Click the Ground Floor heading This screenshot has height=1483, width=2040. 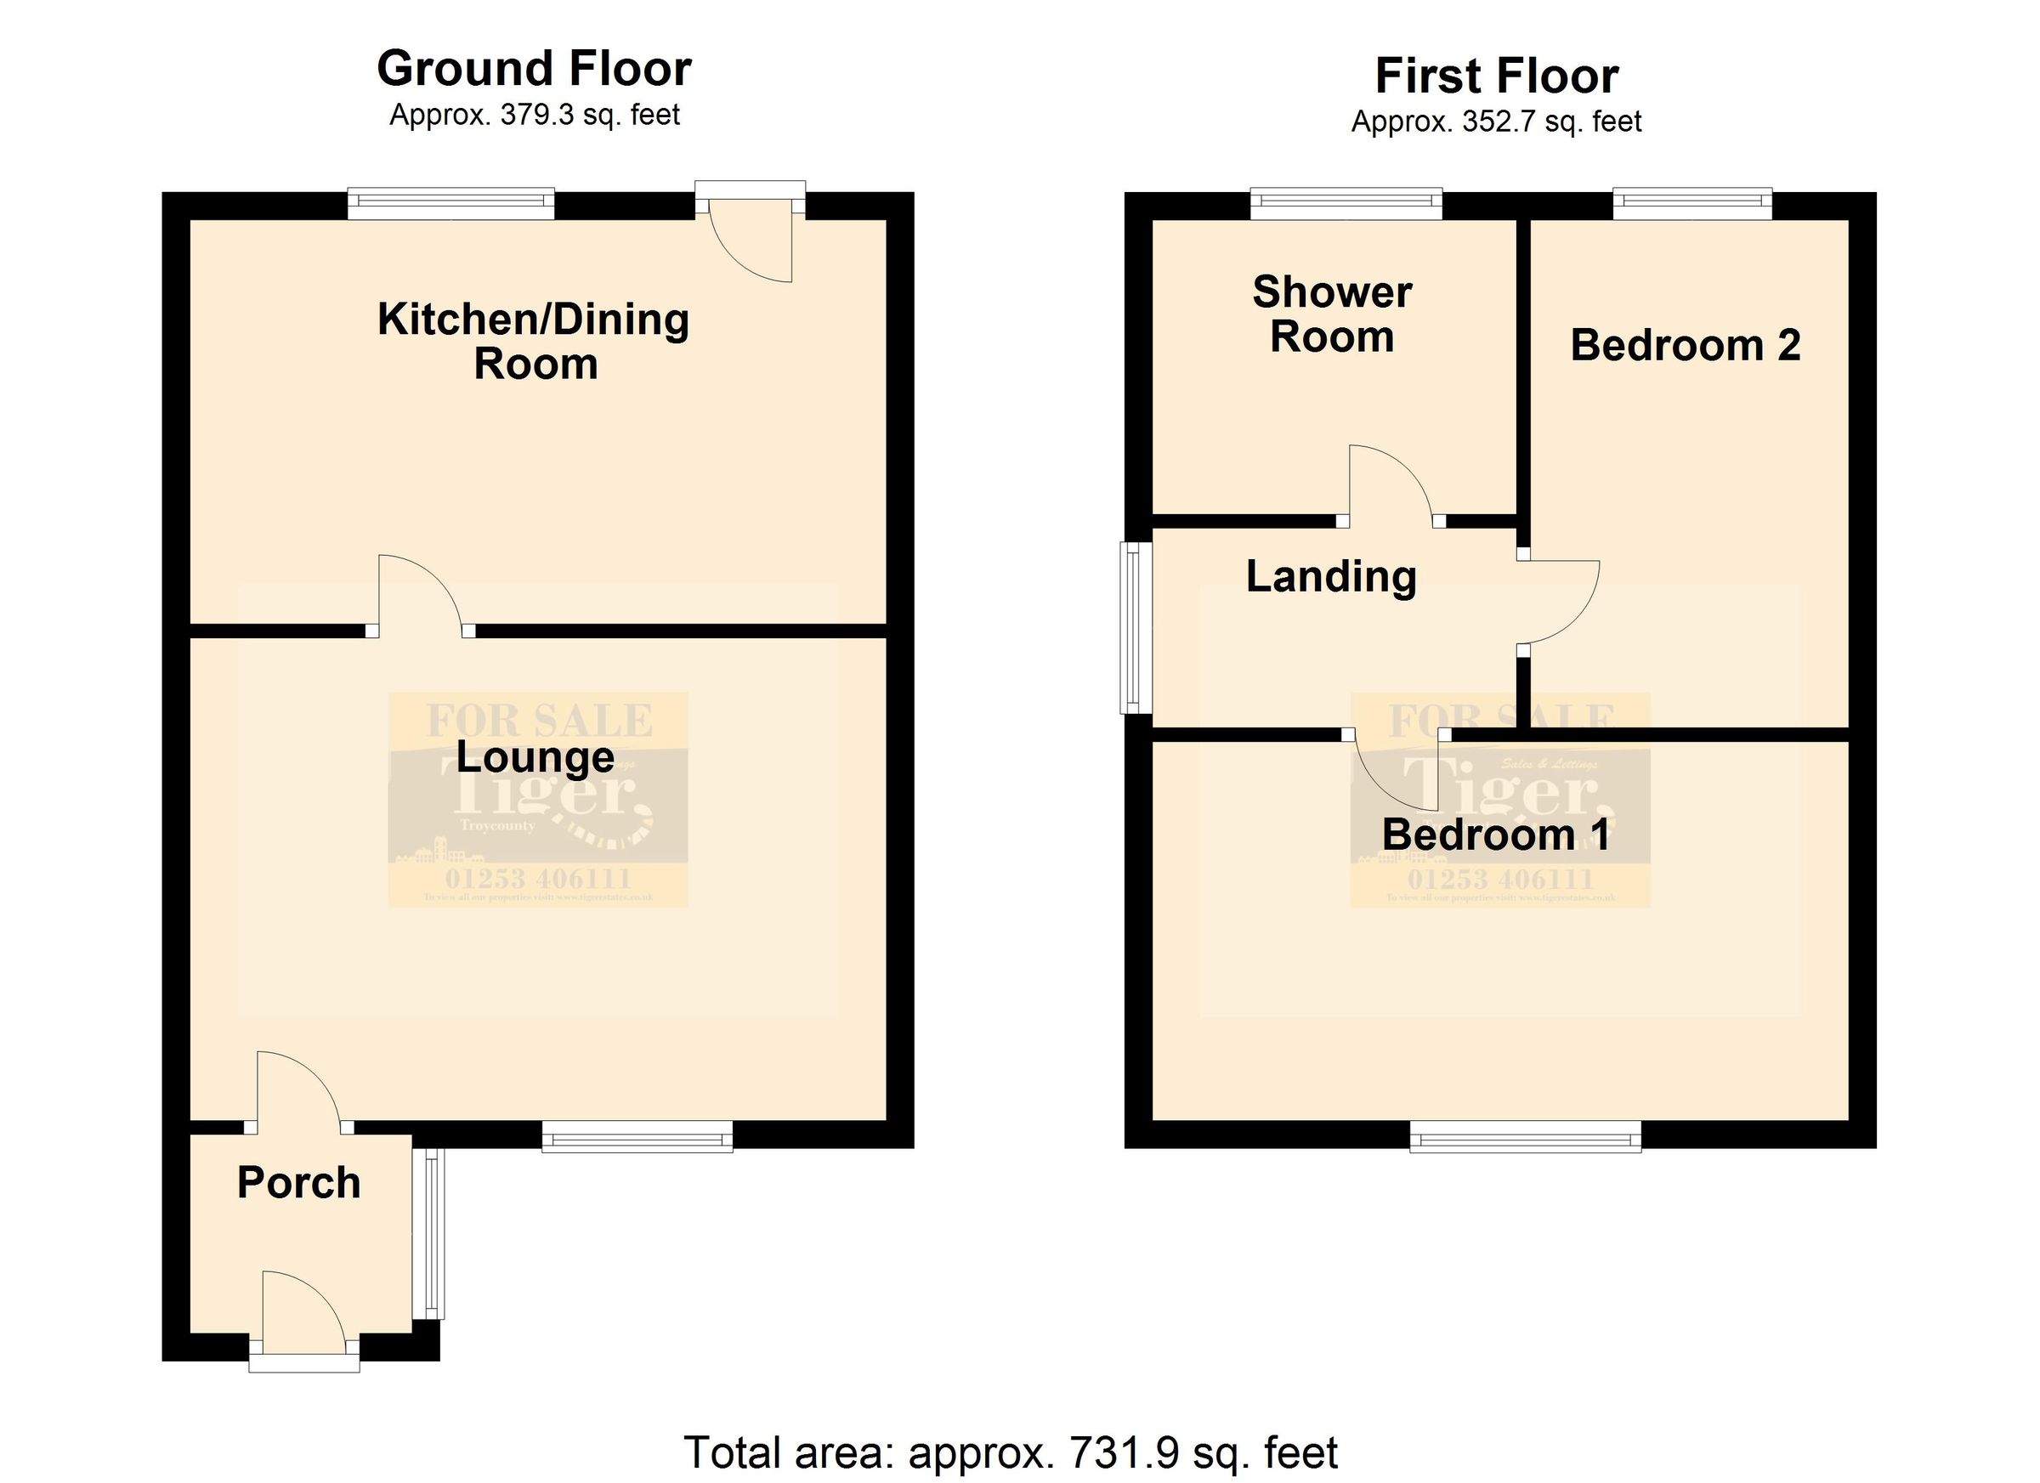coord(535,69)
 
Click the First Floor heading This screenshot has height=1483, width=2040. coord(1497,76)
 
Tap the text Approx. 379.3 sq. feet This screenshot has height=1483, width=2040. coord(535,115)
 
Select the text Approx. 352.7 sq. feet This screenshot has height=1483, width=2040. coord(1497,122)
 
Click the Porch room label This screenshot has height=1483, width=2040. coord(298,1183)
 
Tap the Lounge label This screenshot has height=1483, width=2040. coord(535,756)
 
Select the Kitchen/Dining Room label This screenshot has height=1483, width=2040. coord(535,342)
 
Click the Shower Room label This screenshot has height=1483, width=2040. coord(1331,314)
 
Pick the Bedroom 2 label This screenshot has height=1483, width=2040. coord(1685,346)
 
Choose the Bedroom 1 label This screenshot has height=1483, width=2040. coord(1495,835)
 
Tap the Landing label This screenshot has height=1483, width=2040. coord(1331,576)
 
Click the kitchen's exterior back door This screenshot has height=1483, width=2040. coord(751,238)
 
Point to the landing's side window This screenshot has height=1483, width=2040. coord(1135,627)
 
